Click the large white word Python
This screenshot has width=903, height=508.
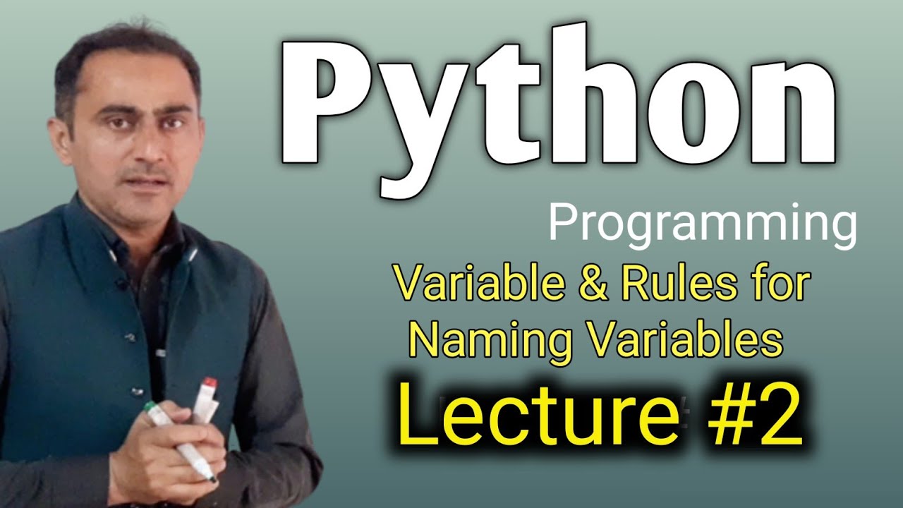click(558, 109)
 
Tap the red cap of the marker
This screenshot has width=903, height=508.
click(210, 382)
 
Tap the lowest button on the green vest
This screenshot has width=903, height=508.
click(133, 390)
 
